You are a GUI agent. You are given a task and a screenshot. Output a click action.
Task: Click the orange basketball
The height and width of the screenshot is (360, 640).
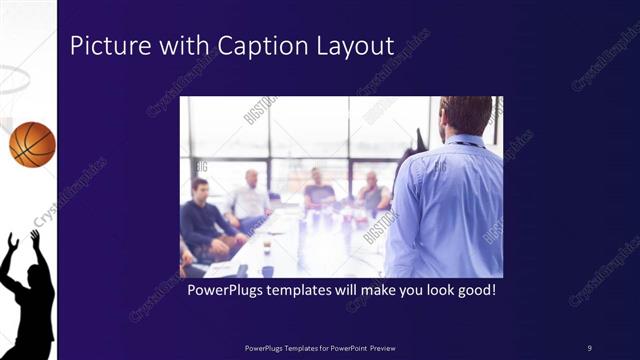pos(32,144)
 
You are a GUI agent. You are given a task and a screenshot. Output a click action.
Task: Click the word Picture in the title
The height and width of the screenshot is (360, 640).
pos(101,46)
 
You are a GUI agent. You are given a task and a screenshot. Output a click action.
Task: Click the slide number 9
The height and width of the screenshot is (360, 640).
pos(589,347)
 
